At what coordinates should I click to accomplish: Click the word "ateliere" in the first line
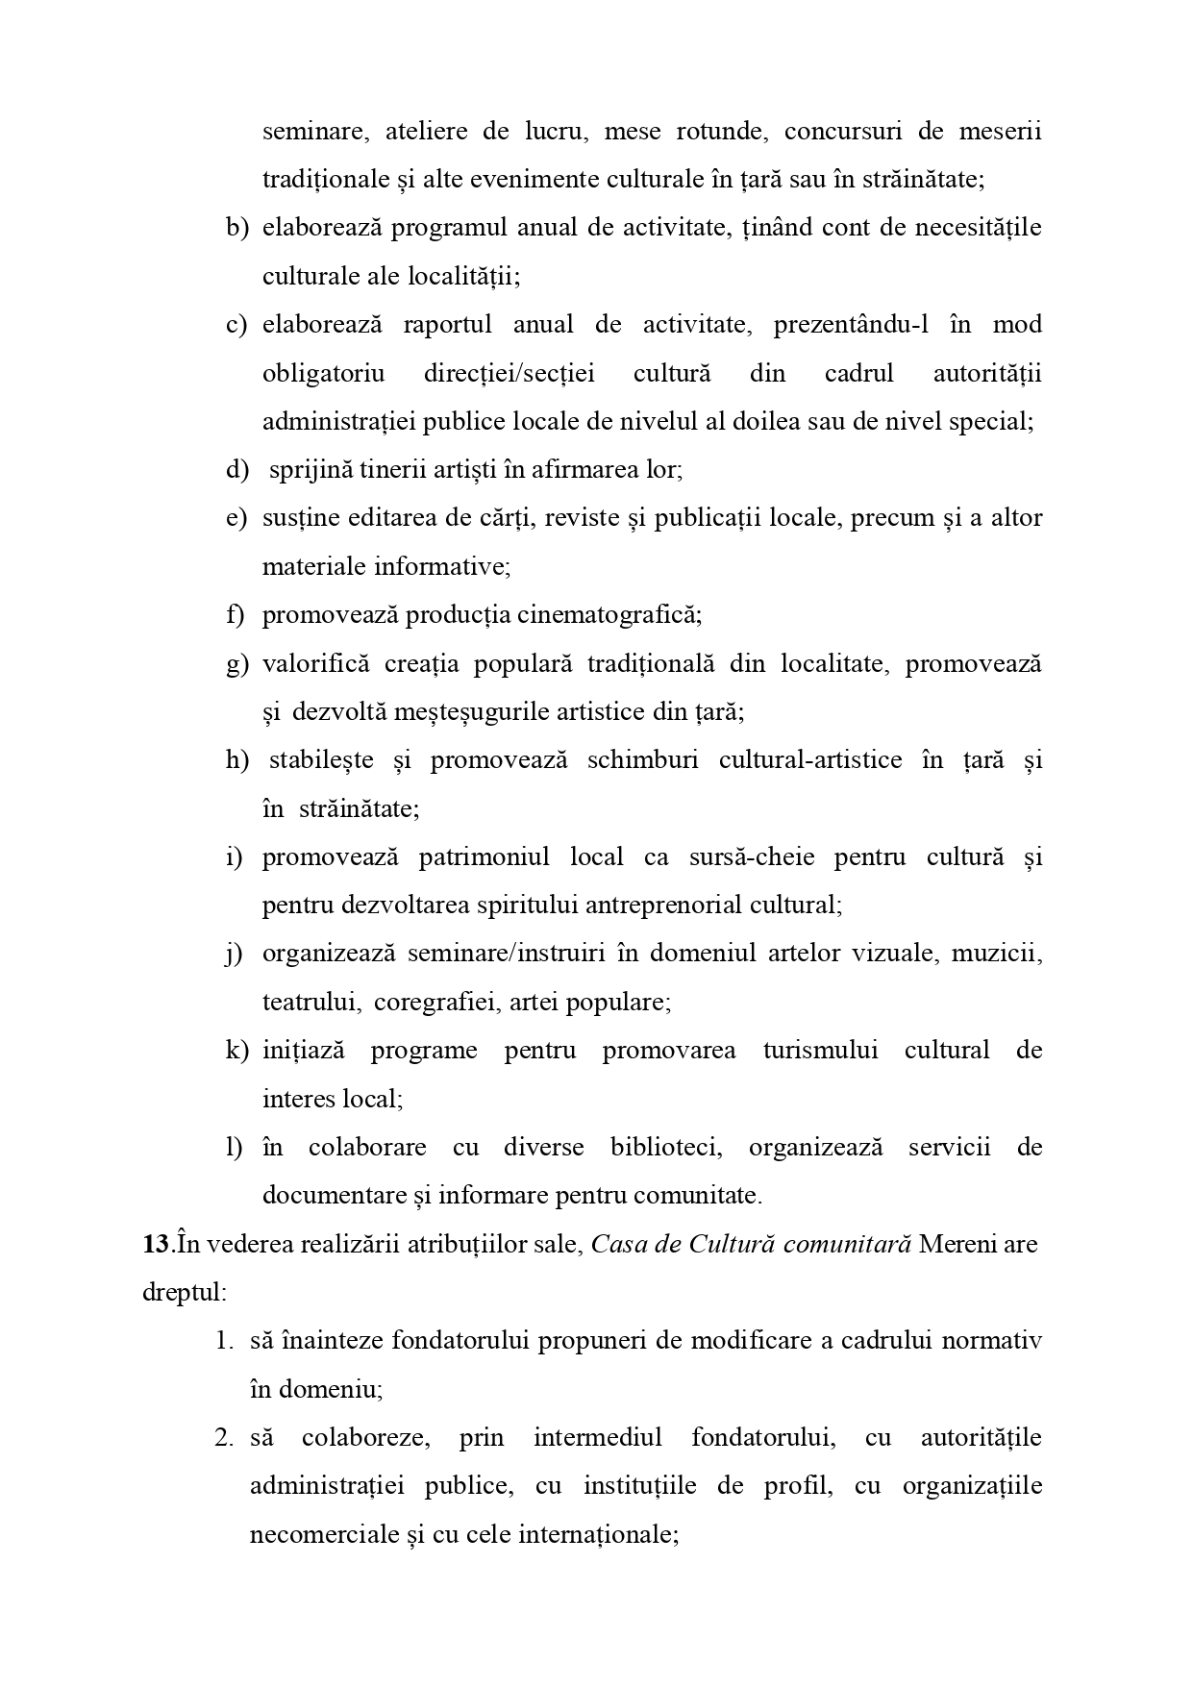click(427, 131)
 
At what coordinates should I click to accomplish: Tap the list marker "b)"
click(237, 228)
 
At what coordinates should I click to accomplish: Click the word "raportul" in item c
click(447, 324)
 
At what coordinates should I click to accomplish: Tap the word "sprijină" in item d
click(310, 470)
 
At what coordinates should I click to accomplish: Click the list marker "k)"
click(237, 1051)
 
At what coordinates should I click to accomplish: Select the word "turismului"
click(820, 1051)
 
